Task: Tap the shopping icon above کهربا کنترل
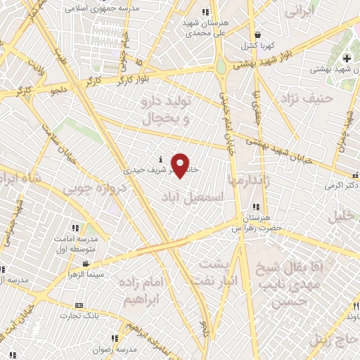pos(257,34)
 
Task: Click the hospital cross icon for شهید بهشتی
pos(346,58)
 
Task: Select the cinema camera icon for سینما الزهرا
pos(86,264)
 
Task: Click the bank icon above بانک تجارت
pos(78,305)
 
